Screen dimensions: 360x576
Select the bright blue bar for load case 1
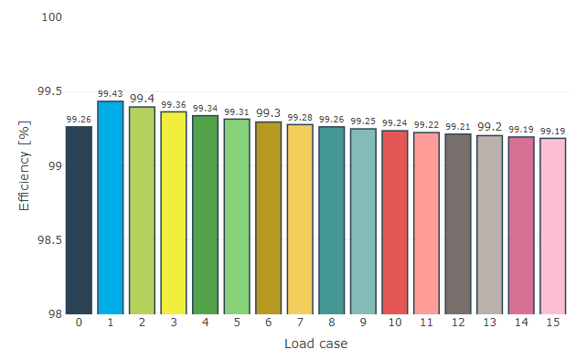(x=111, y=207)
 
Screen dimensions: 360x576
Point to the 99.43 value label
(x=111, y=94)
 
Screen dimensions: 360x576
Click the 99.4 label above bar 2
(x=142, y=99)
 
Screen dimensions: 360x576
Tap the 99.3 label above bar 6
(x=269, y=113)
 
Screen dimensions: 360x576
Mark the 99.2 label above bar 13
(x=490, y=127)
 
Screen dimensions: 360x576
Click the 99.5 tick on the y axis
(x=48, y=92)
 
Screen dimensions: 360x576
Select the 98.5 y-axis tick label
(x=48, y=240)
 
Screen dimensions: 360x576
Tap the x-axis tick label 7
(x=300, y=323)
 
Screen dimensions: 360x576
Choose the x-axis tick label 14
(x=521, y=323)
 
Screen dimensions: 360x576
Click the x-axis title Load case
(x=315, y=344)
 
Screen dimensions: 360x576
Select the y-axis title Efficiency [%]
(x=25, y=165)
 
